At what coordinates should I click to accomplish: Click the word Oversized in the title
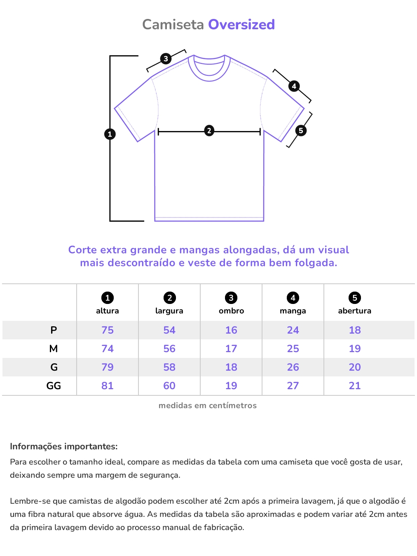point(241,25)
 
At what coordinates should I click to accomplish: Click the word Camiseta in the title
point(173,25)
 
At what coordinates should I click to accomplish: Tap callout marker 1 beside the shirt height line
point(110,134)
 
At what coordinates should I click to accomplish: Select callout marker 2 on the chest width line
point(209,131)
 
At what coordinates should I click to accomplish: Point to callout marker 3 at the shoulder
point(166,58)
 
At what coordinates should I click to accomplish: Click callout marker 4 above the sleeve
point(294,86)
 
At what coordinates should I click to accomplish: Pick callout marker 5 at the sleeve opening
point(301,131)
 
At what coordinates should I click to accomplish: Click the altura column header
point(108,311)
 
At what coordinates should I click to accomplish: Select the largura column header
point(169,311)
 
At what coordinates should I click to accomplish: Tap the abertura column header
point(354,311)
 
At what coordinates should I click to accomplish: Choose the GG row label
point(54,385)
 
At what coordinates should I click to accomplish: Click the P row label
point(54,330)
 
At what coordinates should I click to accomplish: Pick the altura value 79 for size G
point(108,367)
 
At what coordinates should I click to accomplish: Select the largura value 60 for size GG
point(169,385)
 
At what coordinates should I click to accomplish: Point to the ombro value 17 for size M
point(231,348)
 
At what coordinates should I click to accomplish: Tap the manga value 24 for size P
point(293,330)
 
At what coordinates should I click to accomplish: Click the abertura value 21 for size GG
point(355,385)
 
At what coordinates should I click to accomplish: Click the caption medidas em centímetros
point(208,405)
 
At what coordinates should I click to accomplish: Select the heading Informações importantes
point(64,446)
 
